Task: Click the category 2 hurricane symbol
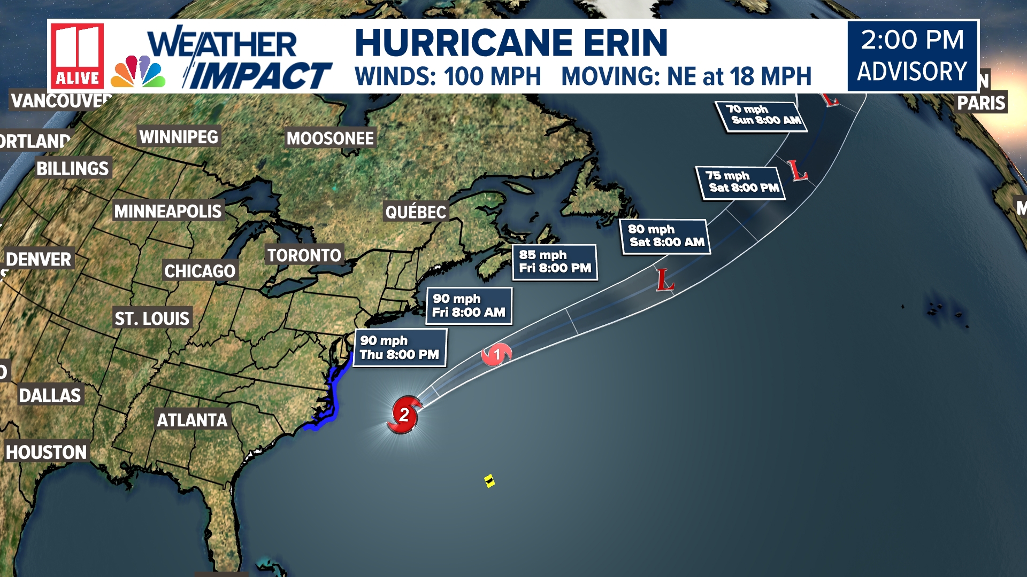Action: pyautogui.click(x=404, y=415)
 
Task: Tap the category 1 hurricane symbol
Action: pyautogui.click(x=497, y=354)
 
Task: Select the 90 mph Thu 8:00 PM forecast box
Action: pyautogui.click(x=400, y=348)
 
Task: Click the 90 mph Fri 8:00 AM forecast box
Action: pyautogui.click(x=469, y=306)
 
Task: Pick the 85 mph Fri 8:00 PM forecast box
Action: pyautogui.click(x=555, y=262)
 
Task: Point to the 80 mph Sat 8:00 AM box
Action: pyautogui.click(x=666, y=236)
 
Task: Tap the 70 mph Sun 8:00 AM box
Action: pyautogui.click(x=762, y=115)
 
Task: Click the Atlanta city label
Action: pyautogui.click(x=192, y=420)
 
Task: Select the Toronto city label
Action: pyautogui.click(x=304, y=255)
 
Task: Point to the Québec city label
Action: pyautogui.click(x=416, y=212)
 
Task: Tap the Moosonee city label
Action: pyautogui.click(x=330, y=138)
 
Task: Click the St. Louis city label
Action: pyautogui.click(x=152, y=319)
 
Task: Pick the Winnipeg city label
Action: pyautogui.click(x=179, y=137)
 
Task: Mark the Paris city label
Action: pyautogui.click(x=981, y=103)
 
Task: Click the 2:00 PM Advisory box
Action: pyautogui.click(x=913, y=56)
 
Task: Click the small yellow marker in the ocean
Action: pyautogui.click(x=489, y=481)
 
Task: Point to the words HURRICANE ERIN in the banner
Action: pyautogui.click(x=511, y=42)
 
